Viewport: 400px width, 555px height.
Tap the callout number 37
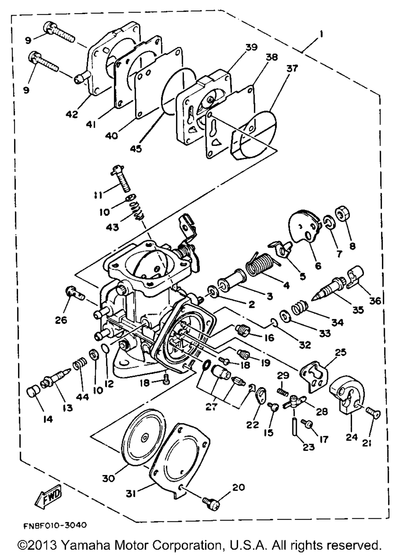[292, 68]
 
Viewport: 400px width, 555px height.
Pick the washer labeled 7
[327, 222]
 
